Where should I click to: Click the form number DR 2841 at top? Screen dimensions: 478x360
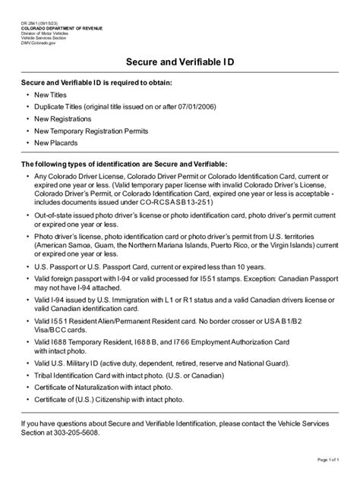point(36,23)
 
